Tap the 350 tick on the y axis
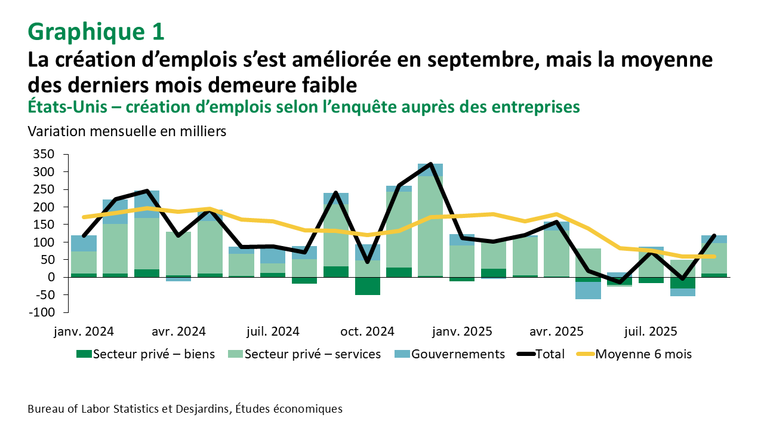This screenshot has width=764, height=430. (x=46, y=154)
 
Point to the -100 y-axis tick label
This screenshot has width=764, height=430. (x=43, y=312)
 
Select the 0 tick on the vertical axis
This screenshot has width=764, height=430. (x=51, y=277)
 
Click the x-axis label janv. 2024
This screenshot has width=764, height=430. (x=84, y=331)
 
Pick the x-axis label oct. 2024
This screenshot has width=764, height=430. (x=367, y=331)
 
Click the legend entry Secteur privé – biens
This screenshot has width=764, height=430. (x=146, y=354)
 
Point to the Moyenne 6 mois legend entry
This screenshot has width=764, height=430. (x=634, y=354)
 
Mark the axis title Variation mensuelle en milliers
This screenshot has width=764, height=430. (x=127, y=131)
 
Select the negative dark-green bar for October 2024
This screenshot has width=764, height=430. (x=368, y=286)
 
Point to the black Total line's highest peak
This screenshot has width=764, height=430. (x=430, y=164)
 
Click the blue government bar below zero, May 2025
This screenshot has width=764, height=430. (x=588, y=290)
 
